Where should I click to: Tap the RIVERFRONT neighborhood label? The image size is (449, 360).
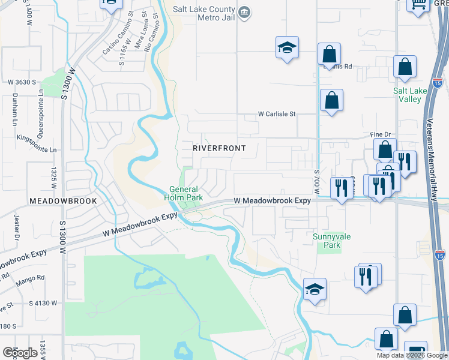[x=219, y=148]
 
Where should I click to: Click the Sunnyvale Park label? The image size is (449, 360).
[x=327, y=241]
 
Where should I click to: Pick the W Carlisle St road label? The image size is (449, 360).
[x=277, y=113]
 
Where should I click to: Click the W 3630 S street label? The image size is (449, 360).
[x=22, y=82]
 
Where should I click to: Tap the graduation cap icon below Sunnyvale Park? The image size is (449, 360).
[x=315, y=290]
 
